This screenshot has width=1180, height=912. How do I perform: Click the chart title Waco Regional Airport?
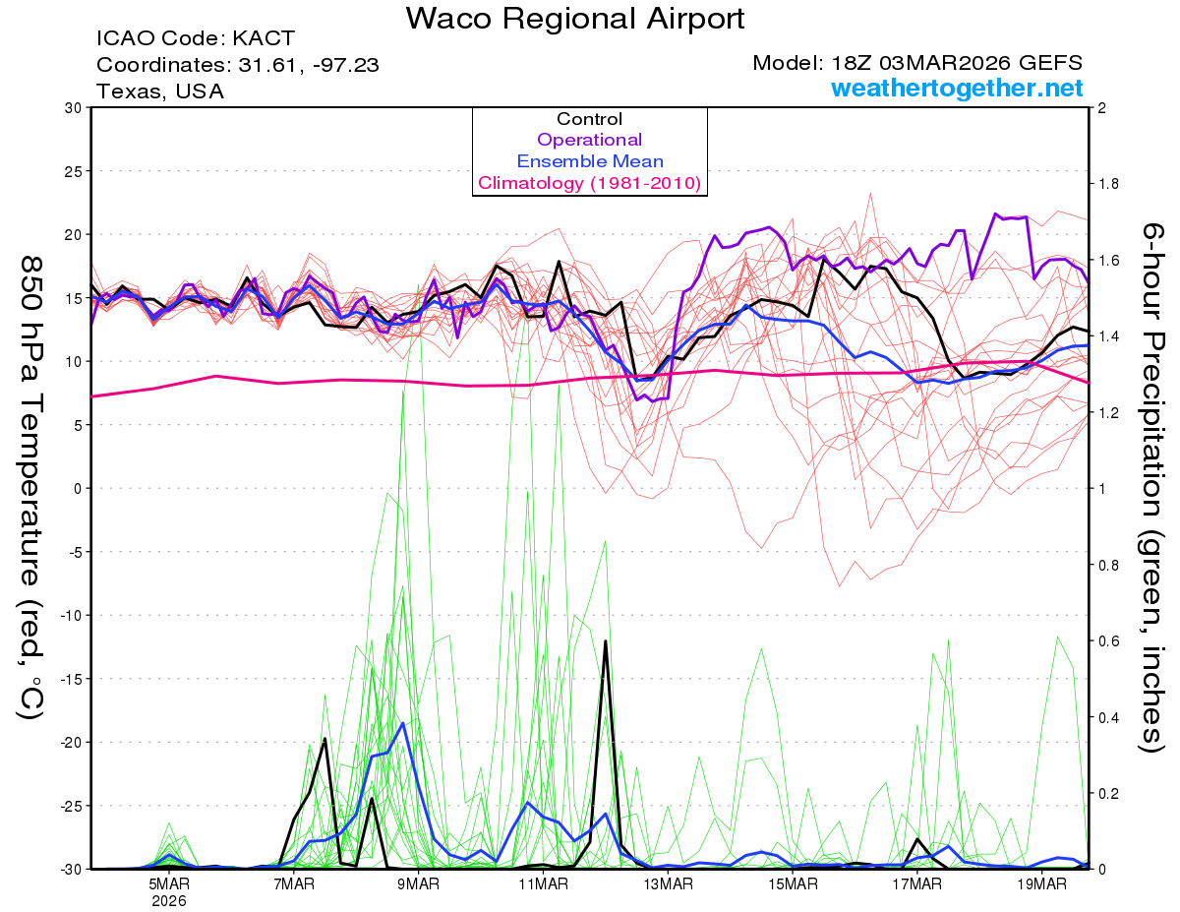coord(575,19)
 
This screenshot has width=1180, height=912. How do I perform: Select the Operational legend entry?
coord(589,140)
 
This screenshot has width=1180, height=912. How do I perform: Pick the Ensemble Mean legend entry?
coord(589,161)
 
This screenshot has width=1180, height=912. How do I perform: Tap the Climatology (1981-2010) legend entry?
coord(589,183)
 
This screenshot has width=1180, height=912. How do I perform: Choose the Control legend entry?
coord(589,119)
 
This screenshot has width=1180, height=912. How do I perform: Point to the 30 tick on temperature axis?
coord(72,108)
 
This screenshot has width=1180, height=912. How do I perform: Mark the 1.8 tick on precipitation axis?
coord(1109,184)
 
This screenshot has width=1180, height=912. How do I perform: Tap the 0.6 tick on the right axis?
coord(1109,641)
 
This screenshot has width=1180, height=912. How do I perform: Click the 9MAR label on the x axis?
coord(418,883)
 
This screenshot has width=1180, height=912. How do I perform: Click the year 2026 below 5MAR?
coord(169,900)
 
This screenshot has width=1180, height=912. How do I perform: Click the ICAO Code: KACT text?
coord(195,39)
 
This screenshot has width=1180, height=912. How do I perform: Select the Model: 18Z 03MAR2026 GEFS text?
coord(917,63)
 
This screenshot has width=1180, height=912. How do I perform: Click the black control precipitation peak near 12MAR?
coord(606,641)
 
